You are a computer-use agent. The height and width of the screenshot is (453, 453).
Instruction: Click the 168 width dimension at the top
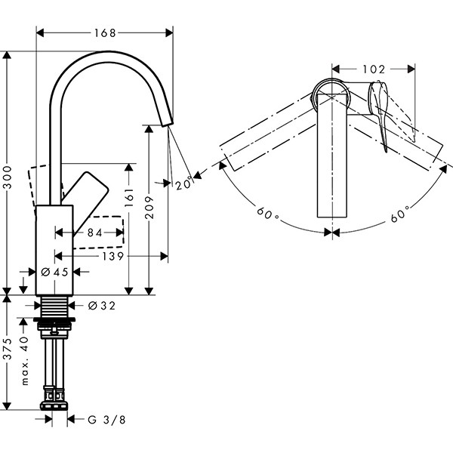click(x=105, y=32)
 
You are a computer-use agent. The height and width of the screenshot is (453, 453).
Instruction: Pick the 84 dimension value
click(x=94, y=233)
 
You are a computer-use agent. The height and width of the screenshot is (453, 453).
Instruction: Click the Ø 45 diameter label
click(x=54, y=272)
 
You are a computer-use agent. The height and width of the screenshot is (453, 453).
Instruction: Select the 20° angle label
click(x=182, y=183)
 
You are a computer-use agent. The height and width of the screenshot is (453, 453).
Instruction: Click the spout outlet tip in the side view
click(x=166, y=123)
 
